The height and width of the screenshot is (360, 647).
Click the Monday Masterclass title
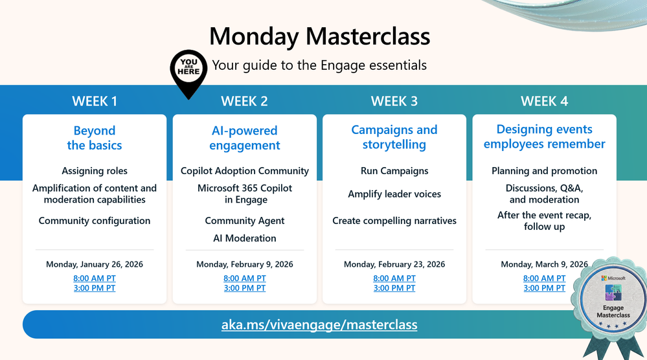coord(319,36)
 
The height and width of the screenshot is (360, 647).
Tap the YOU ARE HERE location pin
coord(188,71)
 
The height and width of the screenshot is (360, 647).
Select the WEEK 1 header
coord(95,101)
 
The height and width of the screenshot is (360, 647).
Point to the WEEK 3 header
coord(394,101)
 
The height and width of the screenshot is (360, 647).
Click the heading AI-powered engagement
coord(245,138)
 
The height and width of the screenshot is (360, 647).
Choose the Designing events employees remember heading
coord(544,137)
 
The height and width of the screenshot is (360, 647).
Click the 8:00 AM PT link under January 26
coord(95,278)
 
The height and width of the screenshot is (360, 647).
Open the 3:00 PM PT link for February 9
coord(245,288)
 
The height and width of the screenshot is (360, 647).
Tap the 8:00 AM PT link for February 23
coord(394,278)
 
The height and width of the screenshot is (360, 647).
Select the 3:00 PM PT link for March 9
coord(544,288)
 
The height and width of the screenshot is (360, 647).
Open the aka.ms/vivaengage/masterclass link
coord(319,324)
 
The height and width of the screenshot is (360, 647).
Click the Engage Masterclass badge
coord(613,299)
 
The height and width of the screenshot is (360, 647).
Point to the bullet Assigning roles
coord(95,171)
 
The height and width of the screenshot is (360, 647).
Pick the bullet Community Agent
coord(245,221)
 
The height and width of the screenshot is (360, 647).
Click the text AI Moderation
coord(245,238)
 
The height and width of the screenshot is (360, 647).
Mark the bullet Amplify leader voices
coord(394,194)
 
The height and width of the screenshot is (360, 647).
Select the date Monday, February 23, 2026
coord(394,264)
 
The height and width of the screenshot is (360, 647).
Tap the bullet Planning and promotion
coord(544,171)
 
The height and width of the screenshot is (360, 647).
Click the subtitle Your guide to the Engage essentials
coord(319,65)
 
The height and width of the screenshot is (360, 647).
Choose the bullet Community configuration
coord(95,221)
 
